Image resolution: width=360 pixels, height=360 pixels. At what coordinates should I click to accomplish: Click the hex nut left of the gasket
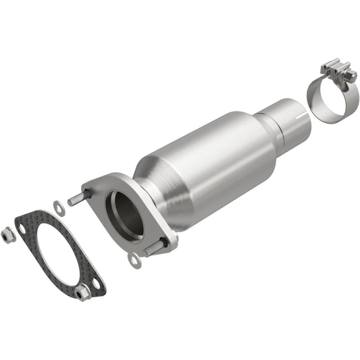point(9,236)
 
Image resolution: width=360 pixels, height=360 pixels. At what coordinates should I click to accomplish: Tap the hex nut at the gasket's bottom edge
point(83,292)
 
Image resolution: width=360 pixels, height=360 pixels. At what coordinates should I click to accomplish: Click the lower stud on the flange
point(153,248)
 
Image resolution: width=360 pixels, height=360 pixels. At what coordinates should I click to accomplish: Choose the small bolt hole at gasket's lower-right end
point(97,284)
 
